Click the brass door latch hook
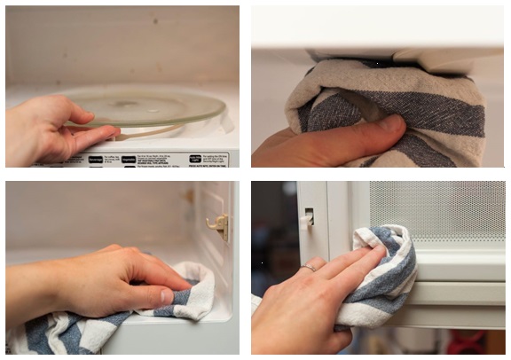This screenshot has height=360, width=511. tap(218, 226)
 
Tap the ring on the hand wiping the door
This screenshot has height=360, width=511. tap(306, 268)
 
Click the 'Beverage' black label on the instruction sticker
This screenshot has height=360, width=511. tap(95, 160)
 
